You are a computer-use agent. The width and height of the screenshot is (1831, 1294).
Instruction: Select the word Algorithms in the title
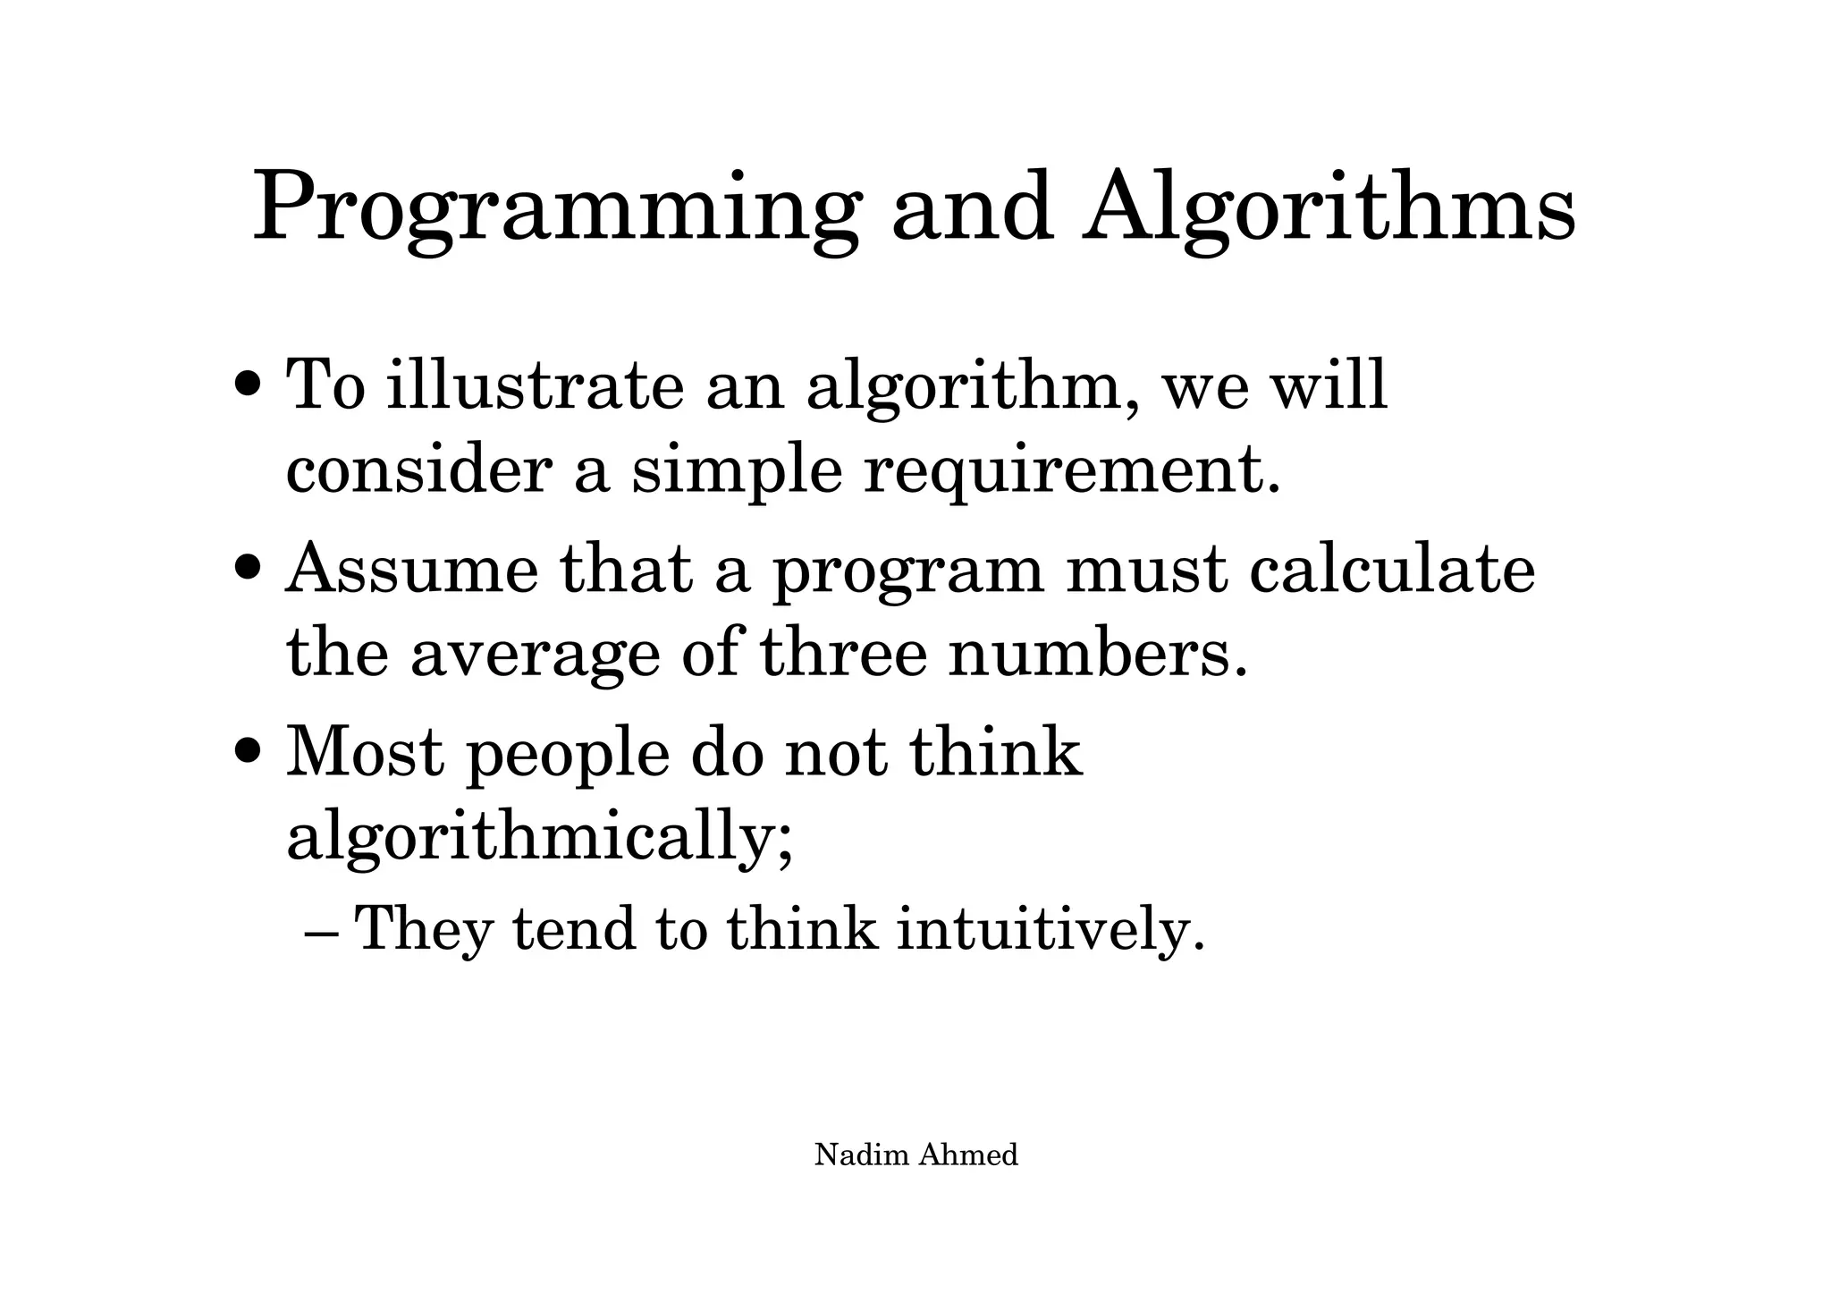1329,210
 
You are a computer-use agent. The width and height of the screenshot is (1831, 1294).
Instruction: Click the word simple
737,471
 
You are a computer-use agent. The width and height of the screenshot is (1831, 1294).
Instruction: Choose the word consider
418,471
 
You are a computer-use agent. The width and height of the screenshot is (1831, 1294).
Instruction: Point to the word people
568,754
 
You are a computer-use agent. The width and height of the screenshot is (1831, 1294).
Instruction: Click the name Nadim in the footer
862,1155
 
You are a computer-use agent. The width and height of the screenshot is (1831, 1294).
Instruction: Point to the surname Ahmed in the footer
968,1155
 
